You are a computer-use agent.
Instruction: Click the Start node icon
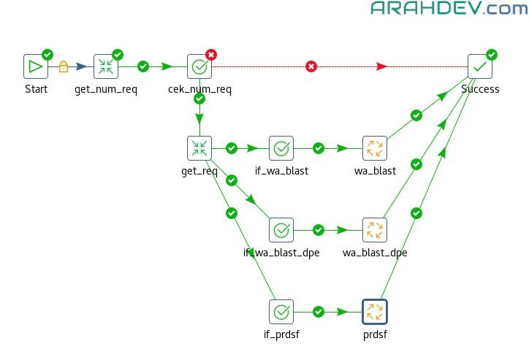[35, 66]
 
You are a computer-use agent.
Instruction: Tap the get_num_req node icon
[106, 66]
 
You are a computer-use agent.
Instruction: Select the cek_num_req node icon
[199, 66]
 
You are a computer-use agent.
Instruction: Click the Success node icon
[480, 66]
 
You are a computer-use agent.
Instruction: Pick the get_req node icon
[199, 148]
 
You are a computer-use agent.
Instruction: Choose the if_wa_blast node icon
[281, 148]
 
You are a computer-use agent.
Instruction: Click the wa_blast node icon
[374, 148]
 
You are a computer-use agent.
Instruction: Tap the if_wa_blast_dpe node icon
[281, 230]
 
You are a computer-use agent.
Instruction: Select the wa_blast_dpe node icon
[374, 230]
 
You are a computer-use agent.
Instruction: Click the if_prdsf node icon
[281, 312]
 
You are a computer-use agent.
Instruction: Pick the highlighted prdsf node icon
[374, 312]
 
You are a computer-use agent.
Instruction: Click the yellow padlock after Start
[63, 67]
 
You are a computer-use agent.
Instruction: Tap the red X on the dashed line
[311, 67]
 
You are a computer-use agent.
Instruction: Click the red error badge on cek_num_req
[211, 54]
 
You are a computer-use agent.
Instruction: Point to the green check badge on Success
[492, 54]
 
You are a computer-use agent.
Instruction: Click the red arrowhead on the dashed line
[381, 67]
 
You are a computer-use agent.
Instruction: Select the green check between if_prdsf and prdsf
[318, 312]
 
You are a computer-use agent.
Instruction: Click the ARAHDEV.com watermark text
[449, 9]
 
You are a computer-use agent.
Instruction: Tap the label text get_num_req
[106, 89]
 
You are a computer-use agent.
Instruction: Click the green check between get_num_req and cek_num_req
[143, 66]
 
